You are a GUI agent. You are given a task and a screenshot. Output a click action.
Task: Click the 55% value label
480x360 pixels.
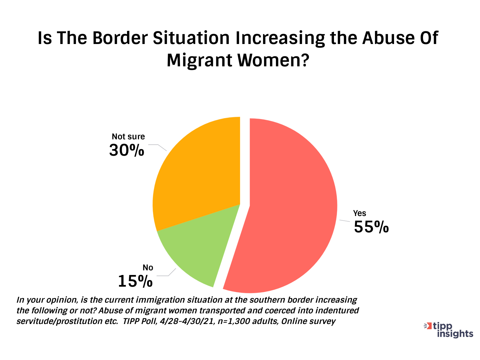click(x=371, y=227)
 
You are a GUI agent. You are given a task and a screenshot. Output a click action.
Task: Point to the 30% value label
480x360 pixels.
click(x=127, y=151)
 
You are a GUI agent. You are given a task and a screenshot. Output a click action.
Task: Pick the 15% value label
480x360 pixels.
click(x=135, y=281)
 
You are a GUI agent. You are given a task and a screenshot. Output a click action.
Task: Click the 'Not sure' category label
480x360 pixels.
click(x=128, y=137)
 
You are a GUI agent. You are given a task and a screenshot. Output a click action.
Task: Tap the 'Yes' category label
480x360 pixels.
click(x=360, y=213)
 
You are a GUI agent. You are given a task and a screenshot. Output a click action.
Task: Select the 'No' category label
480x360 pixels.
click(x=148, y=268)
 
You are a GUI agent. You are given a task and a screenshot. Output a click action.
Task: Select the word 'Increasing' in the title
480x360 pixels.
click(x=280, y=38)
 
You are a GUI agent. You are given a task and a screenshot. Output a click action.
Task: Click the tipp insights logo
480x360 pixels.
click(x=448, y=330)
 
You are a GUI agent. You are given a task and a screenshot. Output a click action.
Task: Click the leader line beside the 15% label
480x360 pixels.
click(x=167, y=274)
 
